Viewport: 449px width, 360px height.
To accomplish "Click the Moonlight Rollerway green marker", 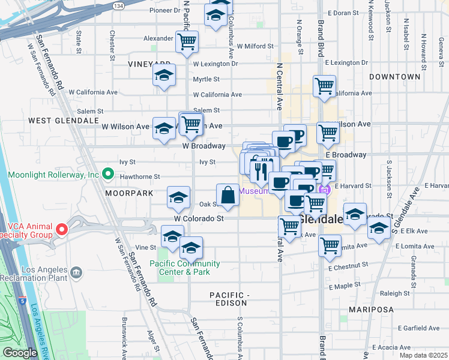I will click(x=108, y=175).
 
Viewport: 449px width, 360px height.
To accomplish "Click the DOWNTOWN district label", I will click(x=394, y=77).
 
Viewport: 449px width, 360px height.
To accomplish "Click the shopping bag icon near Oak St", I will click(x=228, y=194).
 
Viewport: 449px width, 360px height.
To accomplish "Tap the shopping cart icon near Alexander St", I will click(x=187, y=41).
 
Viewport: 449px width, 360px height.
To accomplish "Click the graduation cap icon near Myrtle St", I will click(x=164, y=76).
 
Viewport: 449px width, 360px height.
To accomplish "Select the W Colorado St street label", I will click(x=199, y=219).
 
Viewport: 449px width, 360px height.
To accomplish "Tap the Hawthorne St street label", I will click(x=140, y=177).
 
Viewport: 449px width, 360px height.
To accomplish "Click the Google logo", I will click(x=20, y=353).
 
